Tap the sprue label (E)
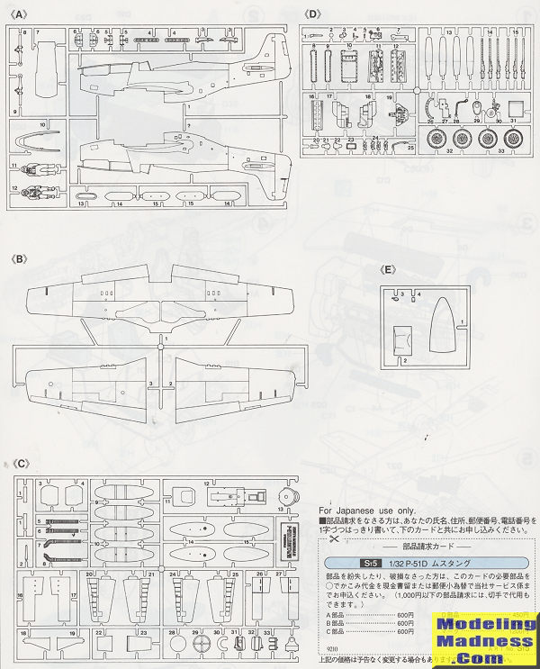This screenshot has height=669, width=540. tap(388, 269)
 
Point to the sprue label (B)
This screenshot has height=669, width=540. tap(20, 259)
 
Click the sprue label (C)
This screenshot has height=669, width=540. tap(20, 463)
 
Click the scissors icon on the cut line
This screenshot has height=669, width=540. tap(333, 541)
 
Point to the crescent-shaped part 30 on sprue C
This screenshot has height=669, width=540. tap(218, 646)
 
